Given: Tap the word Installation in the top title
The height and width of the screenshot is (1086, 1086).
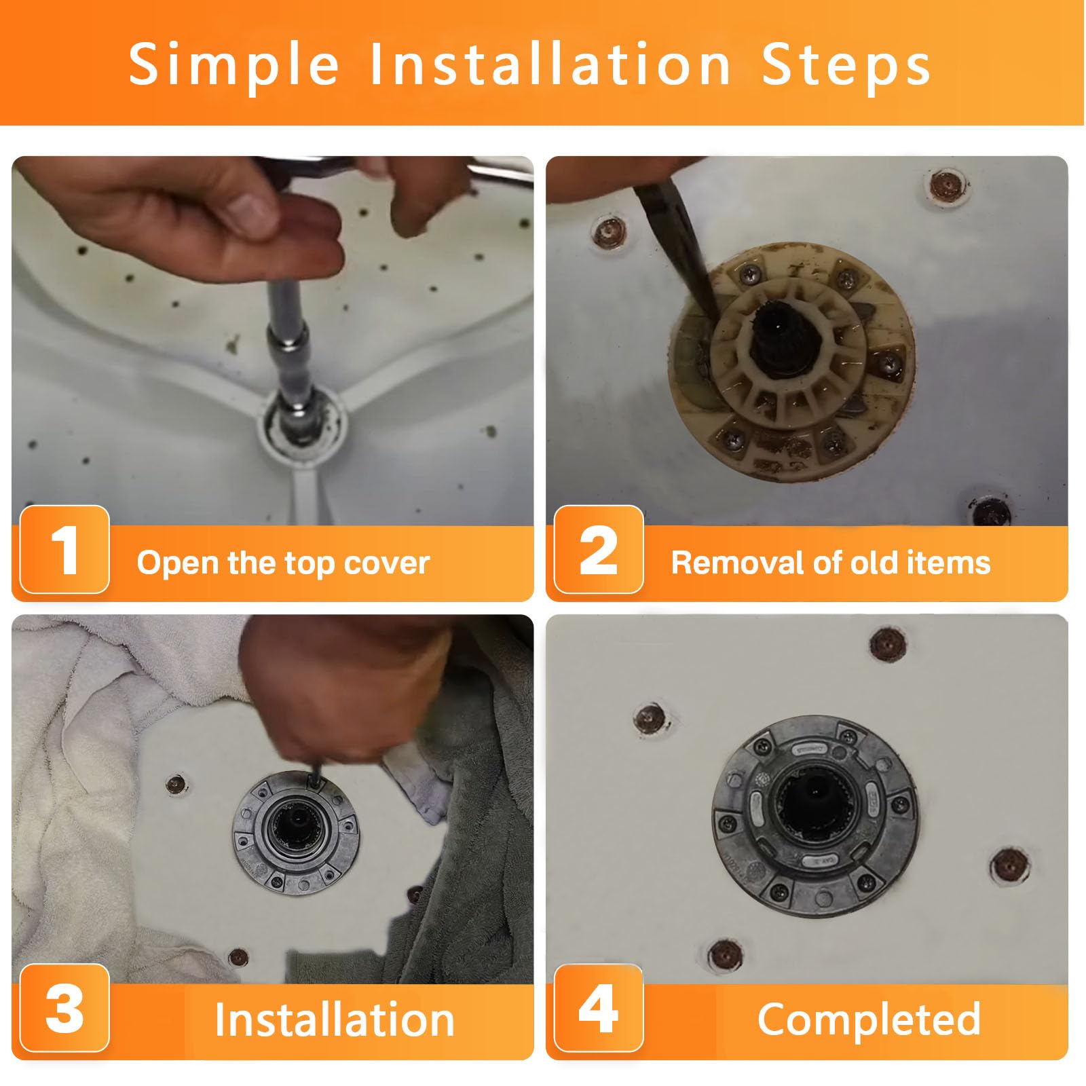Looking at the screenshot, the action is (550, 64).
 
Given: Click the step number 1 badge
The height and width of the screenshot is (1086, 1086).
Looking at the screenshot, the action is (64, 550).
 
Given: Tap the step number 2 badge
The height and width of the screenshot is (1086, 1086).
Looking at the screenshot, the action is (599, 550).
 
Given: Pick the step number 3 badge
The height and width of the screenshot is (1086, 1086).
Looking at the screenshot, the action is (64, 1008).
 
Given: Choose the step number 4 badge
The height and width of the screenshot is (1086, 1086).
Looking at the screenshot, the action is (599, 1008).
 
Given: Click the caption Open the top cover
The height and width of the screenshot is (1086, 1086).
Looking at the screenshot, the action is (283, 563).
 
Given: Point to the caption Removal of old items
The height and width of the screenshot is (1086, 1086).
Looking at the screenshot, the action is (831, 563).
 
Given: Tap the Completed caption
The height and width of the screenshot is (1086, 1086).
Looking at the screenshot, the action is (869, 1019).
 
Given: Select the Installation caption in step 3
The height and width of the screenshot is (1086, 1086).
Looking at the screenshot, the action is (335, 1019).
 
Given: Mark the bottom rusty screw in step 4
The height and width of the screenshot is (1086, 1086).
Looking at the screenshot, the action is (725, 954).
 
